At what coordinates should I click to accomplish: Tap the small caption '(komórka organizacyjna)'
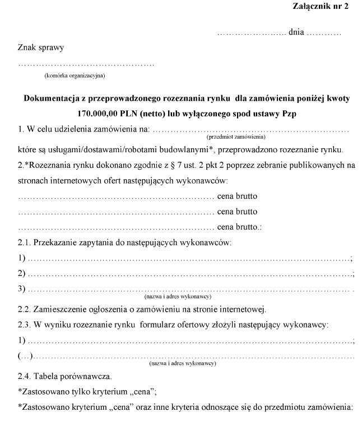[x=74, y=74]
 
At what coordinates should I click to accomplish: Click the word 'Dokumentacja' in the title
[x=53, y=99]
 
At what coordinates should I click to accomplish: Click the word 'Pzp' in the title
[x=287, y=114]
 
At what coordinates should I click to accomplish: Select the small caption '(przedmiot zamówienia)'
[x=235, y=137]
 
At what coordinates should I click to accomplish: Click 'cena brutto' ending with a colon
[x=239, y=227]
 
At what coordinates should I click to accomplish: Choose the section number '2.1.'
[x=25, y=242]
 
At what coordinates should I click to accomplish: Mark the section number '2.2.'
[x=25, y=310]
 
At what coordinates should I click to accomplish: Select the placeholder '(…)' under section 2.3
[x=25, y=356]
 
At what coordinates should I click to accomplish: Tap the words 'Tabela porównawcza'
[x=73, y=376]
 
